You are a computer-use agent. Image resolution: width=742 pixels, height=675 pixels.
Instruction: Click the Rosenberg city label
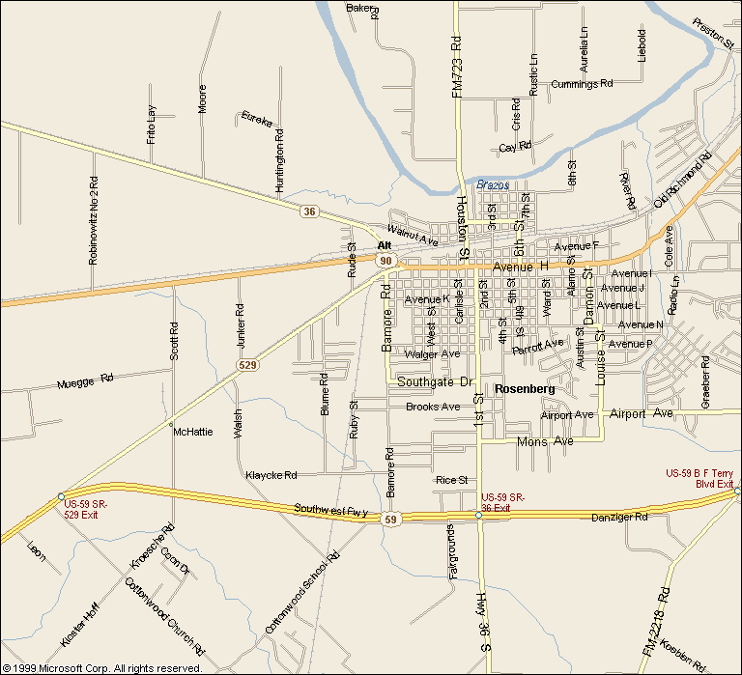pyautogui.click(x=524, y=388)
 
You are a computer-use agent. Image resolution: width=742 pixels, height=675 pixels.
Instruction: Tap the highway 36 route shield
pyautogui.click(x=308, y=211)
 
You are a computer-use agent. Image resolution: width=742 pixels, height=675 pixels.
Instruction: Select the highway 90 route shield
pyautogui.click(x=385, y=262)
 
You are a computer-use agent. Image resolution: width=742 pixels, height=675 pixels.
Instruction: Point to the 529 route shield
pyautogui.click(x=246, y=365)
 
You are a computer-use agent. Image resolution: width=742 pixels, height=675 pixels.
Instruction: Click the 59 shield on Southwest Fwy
pyautogui.click(x=390, y=520)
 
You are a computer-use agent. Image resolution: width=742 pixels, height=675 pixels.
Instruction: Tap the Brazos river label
pyautogui.click(x=492, y=183)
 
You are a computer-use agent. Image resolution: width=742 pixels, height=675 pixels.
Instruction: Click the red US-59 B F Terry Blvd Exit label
pyautogui.click(x=700, y=478)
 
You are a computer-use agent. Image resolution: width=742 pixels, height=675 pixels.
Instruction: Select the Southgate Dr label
pyautogui.click(x=435, y=382)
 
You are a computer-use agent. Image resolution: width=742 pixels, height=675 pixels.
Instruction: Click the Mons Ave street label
pyautogui.click(x=545, y=441)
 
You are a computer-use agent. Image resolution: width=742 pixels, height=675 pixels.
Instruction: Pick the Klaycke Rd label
pyautogui.click(x=271, y=475)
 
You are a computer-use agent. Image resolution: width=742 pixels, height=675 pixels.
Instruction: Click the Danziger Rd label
pyautogui.click(x=619, y=518)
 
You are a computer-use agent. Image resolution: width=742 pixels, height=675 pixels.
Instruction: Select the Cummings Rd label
pyautogui.click(x=582, y=85)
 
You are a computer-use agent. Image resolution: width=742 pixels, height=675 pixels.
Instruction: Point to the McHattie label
pyautogui.click(x=192, y=432)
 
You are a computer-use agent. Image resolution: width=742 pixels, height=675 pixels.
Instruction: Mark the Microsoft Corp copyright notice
pyautogui.click(x=102, y=667)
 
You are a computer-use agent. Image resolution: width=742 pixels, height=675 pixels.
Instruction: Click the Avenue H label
pyautogui.click(x=520, y=266)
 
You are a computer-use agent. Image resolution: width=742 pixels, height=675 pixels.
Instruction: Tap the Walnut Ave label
pyautogui.click(x=413, y=234)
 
